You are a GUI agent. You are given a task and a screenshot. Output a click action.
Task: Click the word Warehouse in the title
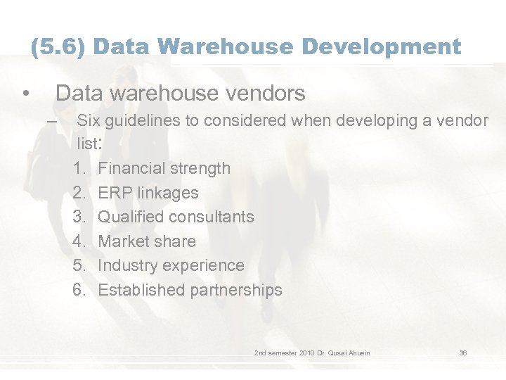click(225, 47)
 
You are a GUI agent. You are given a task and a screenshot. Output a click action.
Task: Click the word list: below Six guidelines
click(91, 144)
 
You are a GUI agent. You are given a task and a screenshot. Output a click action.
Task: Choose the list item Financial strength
click(164, 168)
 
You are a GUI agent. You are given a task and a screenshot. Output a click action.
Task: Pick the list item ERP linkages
click(148, 193)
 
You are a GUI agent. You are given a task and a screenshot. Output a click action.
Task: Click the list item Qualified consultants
click(176, 217)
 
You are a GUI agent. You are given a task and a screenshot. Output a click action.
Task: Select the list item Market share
click(147, 241)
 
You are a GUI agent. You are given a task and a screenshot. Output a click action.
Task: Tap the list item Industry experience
click(171, 265)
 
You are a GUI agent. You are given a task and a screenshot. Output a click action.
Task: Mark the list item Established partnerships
click(190, 290)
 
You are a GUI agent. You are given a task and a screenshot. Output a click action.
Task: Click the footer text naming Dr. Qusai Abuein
click(312, 353)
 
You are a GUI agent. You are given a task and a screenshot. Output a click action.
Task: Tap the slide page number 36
click(463, 353)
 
